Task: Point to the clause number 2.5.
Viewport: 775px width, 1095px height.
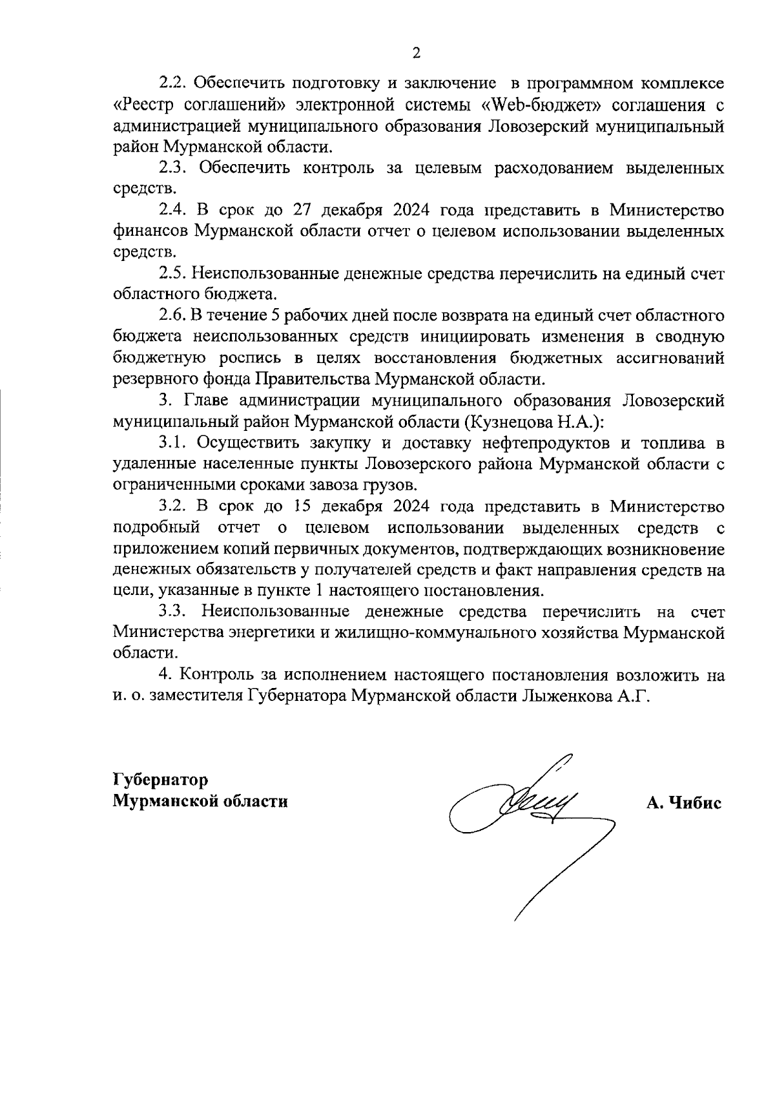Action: point(174,274)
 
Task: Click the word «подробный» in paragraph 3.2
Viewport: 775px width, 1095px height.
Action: point(155,527)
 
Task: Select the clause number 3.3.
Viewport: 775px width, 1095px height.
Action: point(174,611)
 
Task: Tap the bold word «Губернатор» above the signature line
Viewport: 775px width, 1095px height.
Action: point(161,780)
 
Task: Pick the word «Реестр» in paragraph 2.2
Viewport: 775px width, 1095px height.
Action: point(142,105)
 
